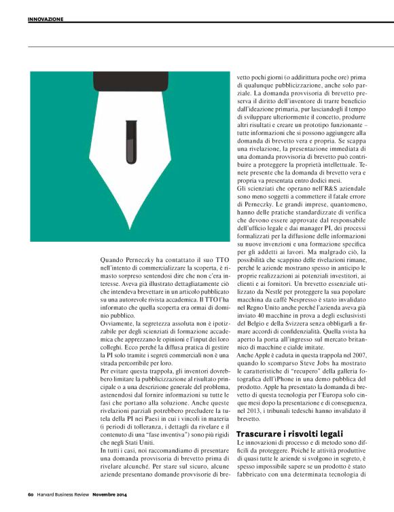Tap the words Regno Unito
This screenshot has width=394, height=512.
tap(261, 308)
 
